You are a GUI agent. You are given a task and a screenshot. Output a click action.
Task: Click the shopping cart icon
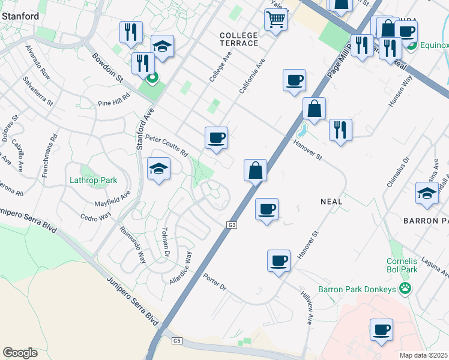[x=276, y=19]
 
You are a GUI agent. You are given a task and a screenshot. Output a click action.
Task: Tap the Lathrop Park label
[x=92, y=180]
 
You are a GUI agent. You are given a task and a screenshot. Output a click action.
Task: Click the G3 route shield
[x=232, y=225]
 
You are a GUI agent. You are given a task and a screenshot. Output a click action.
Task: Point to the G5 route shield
[x=176, y=341]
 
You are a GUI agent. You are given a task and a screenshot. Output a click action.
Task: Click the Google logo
[x=20, y=353]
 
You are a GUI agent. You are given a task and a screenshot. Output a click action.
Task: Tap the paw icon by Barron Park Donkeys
[x=406, y=289]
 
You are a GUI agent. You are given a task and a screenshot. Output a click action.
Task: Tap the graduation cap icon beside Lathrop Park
[x=158, y=170]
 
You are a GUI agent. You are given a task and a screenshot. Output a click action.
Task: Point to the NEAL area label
[x=331, y=202]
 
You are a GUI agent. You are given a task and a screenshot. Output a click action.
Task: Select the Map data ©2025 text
[x=423, y=355]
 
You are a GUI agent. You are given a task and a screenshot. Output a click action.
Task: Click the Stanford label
[x=17, y=17]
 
